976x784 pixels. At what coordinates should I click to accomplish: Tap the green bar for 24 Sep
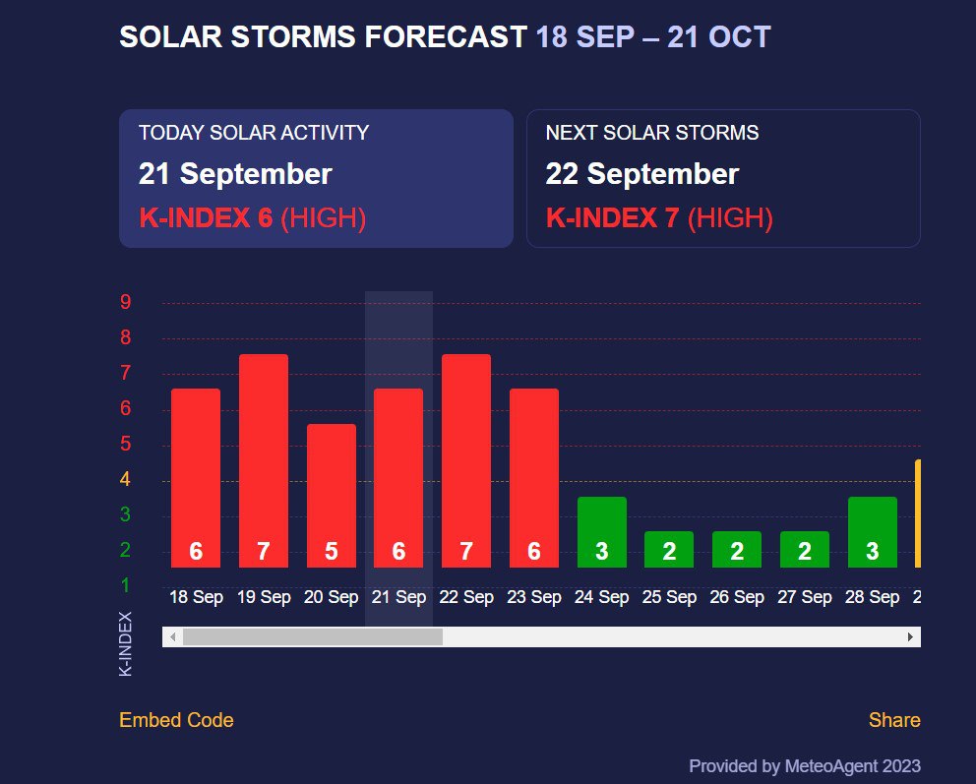tap(602, 531)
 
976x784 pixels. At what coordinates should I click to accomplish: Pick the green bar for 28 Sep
tap(873, 531)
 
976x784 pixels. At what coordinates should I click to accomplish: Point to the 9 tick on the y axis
tap(126, 302)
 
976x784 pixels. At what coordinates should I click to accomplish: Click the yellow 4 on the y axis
tap(126, 480)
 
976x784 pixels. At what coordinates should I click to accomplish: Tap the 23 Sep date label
tap(534, 597)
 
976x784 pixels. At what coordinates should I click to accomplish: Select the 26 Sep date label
tap(737, 597)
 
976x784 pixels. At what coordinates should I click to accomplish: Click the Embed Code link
tap(176, 720)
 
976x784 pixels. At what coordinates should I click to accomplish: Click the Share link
tap(894, 720)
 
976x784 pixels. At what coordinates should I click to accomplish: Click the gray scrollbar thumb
tap(313, 637)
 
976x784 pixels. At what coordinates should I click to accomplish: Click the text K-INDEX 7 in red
tap(612, 218)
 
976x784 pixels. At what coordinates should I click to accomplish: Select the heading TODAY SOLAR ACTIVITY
tap(254, 133)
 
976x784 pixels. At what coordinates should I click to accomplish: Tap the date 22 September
tap(641, 175)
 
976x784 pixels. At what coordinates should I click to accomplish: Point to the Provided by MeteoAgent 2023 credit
tap(805, 765)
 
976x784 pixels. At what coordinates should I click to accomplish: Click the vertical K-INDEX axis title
tap(126, 643)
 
